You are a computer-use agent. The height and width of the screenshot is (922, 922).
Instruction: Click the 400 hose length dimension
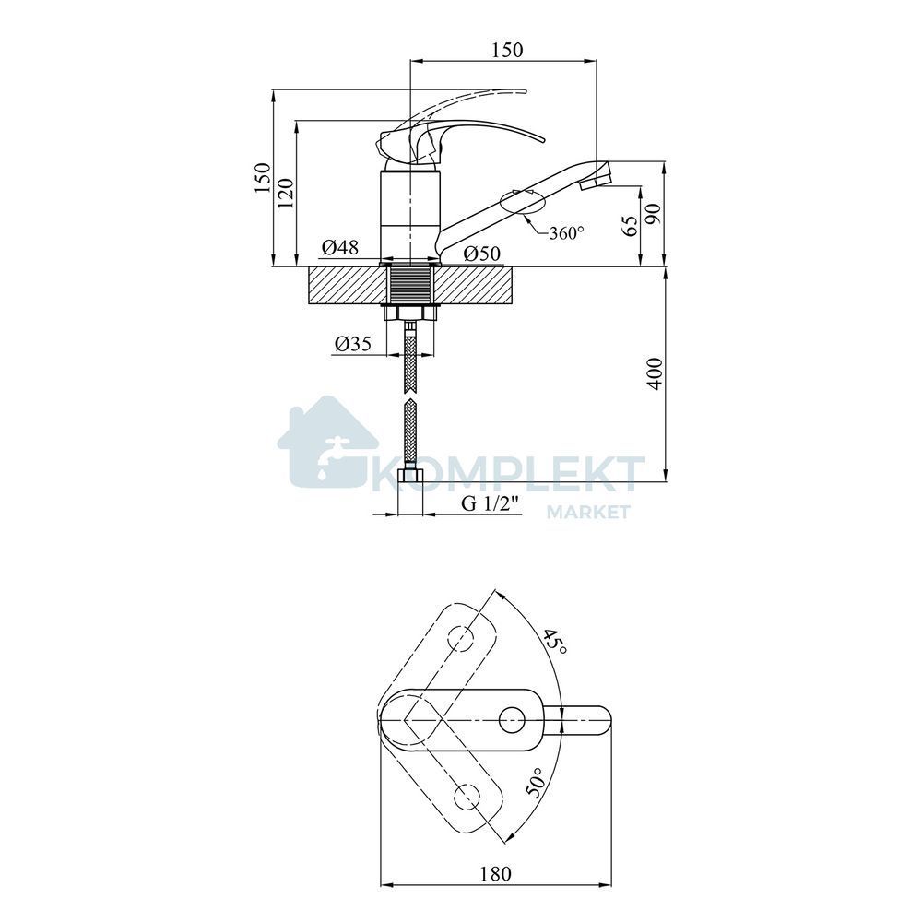[x=655, y=373]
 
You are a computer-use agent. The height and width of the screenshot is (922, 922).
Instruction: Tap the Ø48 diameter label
[x=340, y=247]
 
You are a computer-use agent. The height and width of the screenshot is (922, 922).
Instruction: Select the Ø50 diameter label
[x=481, y=254]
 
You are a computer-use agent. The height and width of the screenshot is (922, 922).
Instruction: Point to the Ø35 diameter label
[x=353, y=344]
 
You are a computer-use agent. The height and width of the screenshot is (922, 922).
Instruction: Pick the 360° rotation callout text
[x=566, y=233]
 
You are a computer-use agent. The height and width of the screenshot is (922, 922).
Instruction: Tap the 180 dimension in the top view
[x=496, y=874]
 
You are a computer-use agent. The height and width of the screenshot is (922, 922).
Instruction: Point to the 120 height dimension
[x=285, y=193]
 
